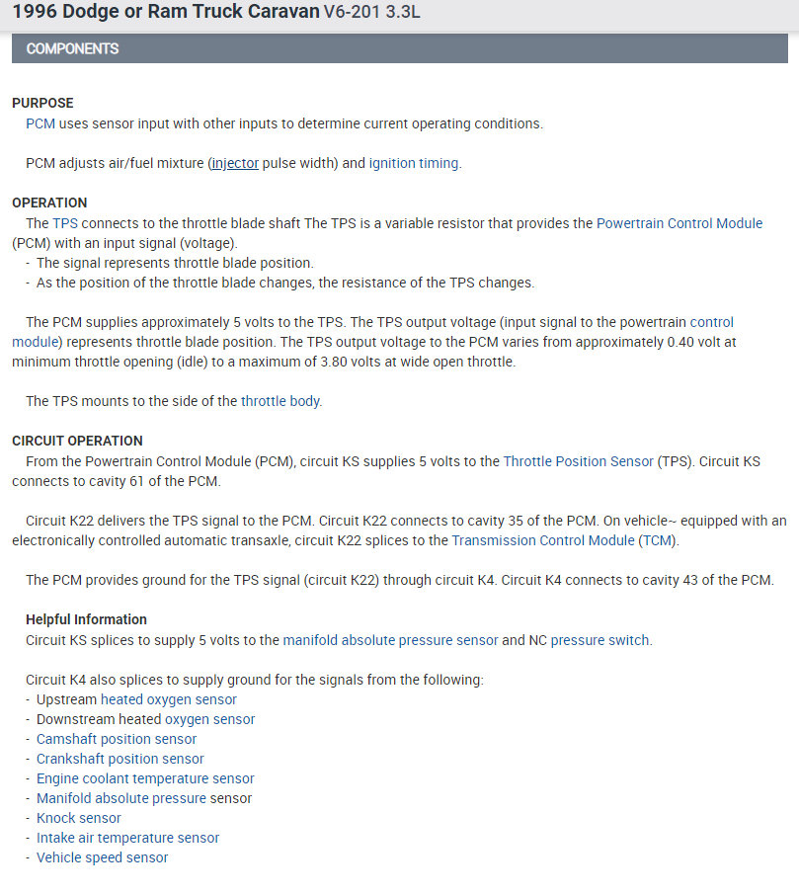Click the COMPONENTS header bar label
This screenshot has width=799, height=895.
[x=72, y=48]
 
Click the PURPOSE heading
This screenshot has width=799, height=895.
[x=42, y=103]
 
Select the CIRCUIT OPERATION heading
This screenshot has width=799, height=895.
[x=77, y=441]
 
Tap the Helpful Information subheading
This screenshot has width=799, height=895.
[x=86, y=619]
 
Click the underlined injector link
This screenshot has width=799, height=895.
[x=234, y=163]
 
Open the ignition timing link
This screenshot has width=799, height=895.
[x=414, y=163]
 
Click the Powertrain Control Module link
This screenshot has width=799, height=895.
[x=679, y=223]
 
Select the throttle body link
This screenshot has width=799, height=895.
[x=280, y=401]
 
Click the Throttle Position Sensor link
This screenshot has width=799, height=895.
[x=578, y=461]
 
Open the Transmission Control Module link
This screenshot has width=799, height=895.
[x=544, y=540]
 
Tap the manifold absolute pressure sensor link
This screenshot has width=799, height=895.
[x=390, y=640]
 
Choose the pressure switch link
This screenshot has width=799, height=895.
[x=599, y=640]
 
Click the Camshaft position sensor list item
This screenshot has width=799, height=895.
[x=117, y=739]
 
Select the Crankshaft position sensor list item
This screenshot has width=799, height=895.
[x=120, y=759]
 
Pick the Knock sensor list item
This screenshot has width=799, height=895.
[x=79, y=818]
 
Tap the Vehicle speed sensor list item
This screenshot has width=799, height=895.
[x=102, y=857]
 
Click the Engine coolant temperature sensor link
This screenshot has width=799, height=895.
[x=145, y=778]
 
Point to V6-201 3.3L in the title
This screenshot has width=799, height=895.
[x=374, y=14]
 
